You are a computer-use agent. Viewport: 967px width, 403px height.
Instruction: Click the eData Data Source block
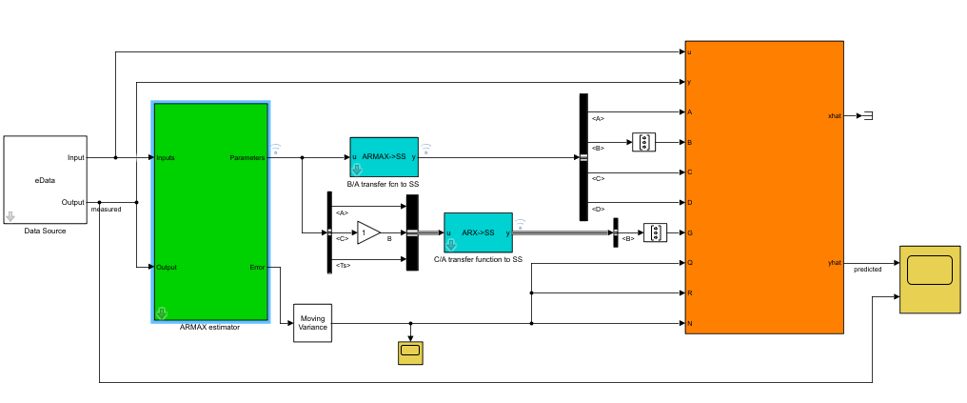click(x=45, y=179)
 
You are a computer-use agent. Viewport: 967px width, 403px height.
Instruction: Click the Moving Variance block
click(x=312, y=324)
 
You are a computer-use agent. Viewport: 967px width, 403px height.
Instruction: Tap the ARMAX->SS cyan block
click(x=385, y=155)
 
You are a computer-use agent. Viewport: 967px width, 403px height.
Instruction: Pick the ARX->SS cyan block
click(x=478, y=232)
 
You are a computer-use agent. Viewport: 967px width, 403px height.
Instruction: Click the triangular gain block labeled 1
click(x=366, y=232)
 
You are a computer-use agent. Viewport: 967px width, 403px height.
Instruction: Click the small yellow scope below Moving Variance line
click(x=411, y=353)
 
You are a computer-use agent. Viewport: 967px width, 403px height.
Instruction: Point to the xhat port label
click(x=835, y=115)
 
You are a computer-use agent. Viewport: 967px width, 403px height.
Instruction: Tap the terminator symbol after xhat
click(x=867, y=115)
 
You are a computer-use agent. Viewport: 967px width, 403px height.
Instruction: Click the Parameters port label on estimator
click(x=247, y=157)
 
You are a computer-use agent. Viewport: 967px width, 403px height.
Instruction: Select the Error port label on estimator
click(x=257, y=268)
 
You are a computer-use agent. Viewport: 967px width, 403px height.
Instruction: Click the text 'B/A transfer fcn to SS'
click(x=384, y=183)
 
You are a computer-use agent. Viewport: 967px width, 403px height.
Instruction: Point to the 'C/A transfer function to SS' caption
click(x=478, y=259)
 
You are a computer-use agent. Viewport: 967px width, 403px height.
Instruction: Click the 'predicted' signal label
click(x=867, y=270)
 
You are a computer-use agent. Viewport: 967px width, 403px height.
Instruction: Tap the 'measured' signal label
click(x=106, y=210)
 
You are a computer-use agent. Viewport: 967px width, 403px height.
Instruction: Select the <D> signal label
click(x=598, y=208)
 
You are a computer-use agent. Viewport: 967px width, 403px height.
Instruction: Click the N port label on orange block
click(x=689, y=324)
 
